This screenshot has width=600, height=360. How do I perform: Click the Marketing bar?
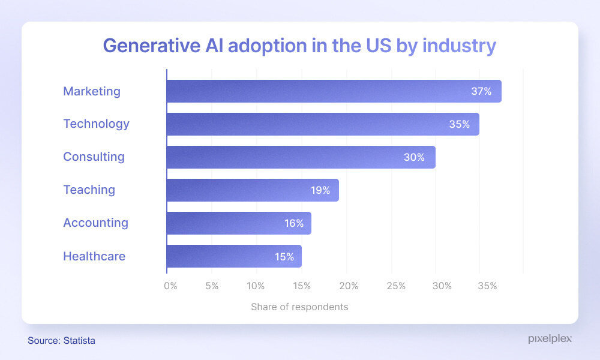pyautogui.click(x=334, y=91)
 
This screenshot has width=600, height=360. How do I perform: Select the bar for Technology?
pyautogui.click(x=323, y=124)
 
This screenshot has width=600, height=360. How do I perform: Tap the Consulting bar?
pyautogui.click(x=301, y=157)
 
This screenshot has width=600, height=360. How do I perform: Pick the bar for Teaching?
pyautogui.click(x=253, y=190)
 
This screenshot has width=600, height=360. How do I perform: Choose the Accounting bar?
pyautogui.click(x=239, y=223)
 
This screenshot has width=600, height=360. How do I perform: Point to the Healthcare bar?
pyautogui.click(x=234, y=256)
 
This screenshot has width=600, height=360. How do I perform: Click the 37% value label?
pyautogui.click(x=481, y=92)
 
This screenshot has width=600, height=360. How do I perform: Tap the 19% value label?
pyautogui.click(x=320, y=191)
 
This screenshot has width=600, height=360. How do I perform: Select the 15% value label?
pyautogui.click(x=284, y=257)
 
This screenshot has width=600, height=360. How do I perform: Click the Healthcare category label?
pyautogui.click(x=94, y=256)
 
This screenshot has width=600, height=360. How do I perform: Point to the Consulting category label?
pyautogui.click(x=94, y=157)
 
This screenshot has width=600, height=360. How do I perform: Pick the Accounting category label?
pyautogui.click(x=95, y=223)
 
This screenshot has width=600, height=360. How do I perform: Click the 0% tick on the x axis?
pyautogui.click(x=170, y=286)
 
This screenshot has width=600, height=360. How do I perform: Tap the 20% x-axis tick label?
pyautogui.click(x=349, y=286)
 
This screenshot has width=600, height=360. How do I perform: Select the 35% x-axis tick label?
pyautogui.click(x=488, y=286)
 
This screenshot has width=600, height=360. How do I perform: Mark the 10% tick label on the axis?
pyautogui.click(x=256, y=286)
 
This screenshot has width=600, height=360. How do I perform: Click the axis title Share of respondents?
pyautogui.click(x=299, y=307)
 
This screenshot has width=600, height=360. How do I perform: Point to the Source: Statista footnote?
pyautogui.click(x=61, y=341)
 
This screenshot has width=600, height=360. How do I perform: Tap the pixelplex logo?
pyautogui.click(x=550, y=339)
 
